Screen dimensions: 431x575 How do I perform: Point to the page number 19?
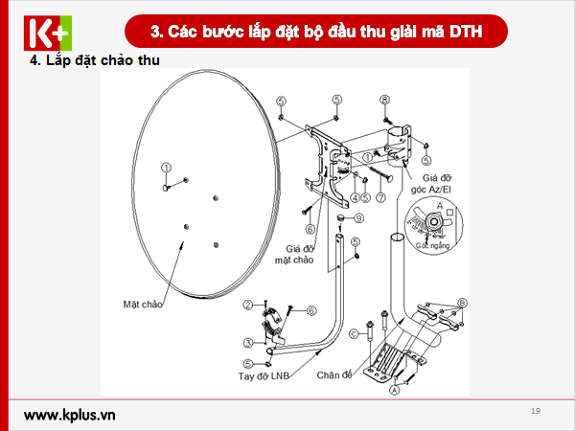[x=535, y=411]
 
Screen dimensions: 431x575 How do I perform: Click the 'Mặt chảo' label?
[x=143, y=305]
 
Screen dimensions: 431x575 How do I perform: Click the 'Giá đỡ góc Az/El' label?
[x=430, y=182]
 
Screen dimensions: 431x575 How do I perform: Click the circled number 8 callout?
[x=384, y=100]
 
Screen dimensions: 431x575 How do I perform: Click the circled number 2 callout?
[x=247, y=305]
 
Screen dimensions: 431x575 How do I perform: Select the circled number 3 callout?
[x=247, y=342]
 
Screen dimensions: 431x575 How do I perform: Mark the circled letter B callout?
[x=462, y=303]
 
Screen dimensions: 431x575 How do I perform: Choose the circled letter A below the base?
[x=392, y=390]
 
